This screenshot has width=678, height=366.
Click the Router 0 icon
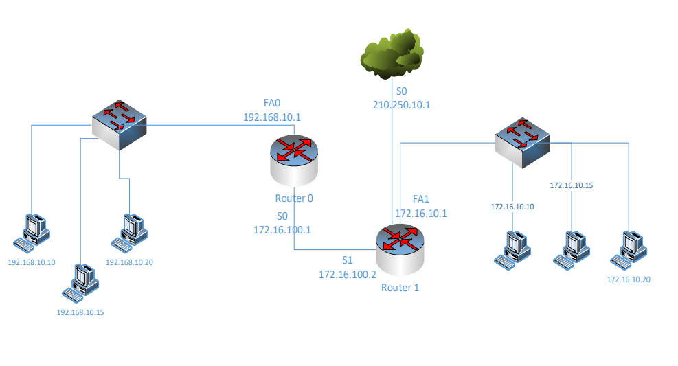[294, 160]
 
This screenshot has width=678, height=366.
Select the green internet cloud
[392, 53]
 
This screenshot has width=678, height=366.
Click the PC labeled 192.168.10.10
[32, 231]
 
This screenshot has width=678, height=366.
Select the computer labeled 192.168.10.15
[81, 282]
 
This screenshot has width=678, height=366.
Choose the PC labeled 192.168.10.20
[131, 231]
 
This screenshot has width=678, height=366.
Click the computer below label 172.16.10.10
[513, 248]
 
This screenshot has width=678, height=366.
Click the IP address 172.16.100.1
[282, 229]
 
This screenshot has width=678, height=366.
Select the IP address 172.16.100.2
[348, 274]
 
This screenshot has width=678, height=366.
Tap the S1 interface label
[348, 261]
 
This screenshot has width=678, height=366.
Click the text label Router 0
[294, 198]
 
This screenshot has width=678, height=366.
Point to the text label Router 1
[400, 287]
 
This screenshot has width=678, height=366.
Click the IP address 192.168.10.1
[273, 117]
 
